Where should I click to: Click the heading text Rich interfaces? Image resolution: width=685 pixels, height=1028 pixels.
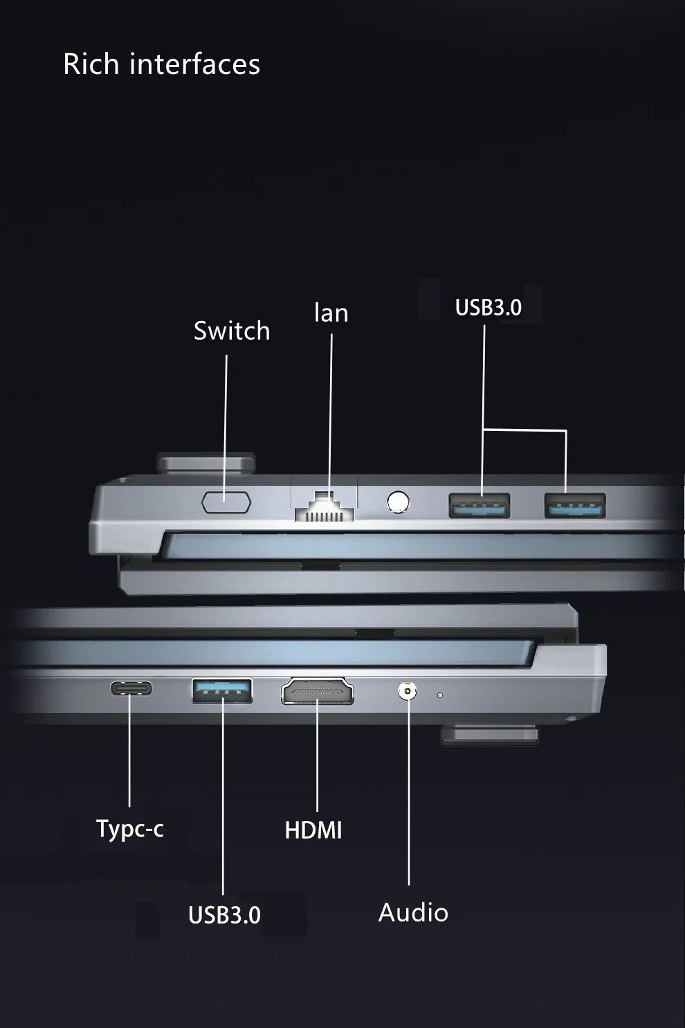click(161, 64)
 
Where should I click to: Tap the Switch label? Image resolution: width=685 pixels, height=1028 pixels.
click(232, 331)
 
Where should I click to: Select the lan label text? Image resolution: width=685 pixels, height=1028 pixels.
click(331, 313)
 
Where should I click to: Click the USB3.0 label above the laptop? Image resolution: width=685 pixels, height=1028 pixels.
click(488, 307)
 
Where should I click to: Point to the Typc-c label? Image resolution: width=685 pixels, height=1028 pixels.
click(130, 828)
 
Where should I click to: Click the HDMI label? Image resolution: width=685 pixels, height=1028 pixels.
click(313, 830)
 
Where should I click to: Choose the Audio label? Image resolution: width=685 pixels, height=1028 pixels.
click(413, 912)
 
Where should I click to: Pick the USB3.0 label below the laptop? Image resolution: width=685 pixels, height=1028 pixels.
click(224, 915)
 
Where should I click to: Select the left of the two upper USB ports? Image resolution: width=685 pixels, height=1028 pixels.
click(479, 506)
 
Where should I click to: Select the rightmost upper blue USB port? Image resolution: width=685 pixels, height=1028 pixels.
click(574, 506)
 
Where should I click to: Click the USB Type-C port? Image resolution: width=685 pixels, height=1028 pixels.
click(131, 688)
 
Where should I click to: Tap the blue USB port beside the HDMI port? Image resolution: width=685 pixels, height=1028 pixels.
click(222, 691)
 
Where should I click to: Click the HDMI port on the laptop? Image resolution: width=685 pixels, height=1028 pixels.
click(318, 692)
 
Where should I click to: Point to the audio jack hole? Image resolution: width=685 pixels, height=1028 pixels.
click(407, 690)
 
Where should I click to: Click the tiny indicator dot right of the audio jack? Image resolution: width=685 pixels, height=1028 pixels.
click(439, 695)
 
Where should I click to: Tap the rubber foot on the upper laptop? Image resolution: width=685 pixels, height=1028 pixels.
click(206, 461)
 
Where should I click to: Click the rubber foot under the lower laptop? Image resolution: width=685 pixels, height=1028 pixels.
click(489, 735)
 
